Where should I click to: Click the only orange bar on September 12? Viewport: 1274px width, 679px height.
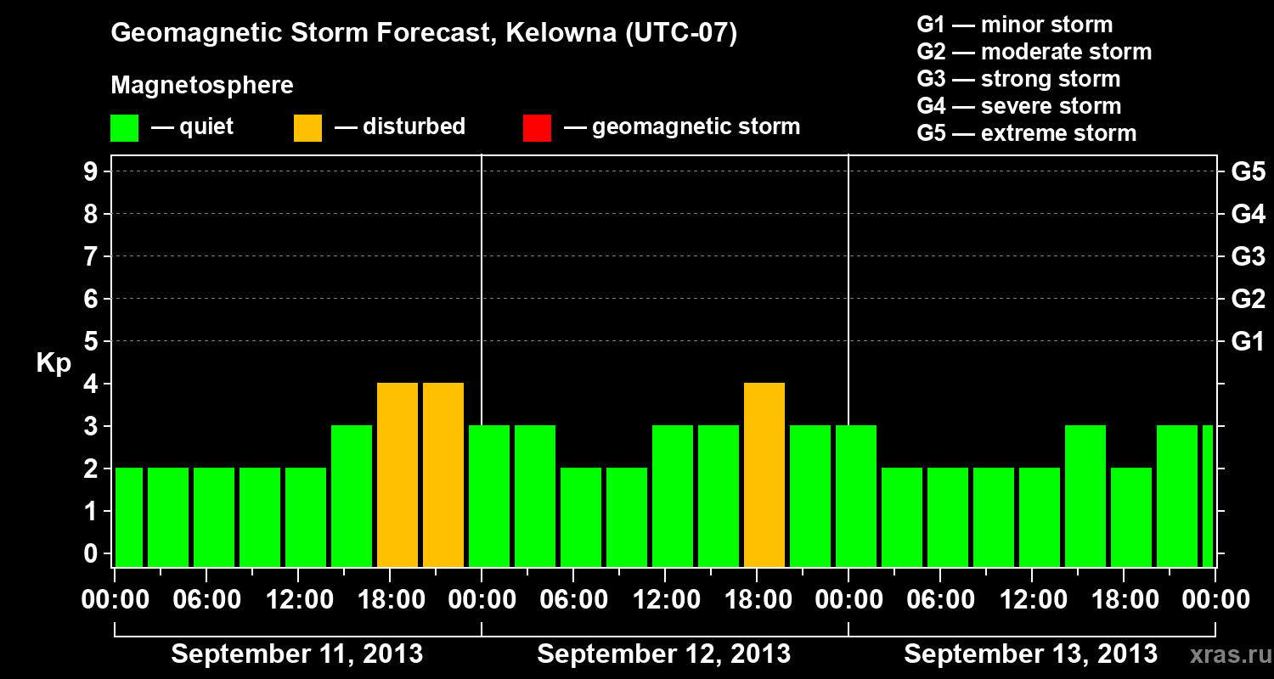(x=764, y=475)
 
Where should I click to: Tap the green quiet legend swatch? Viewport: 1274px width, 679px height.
(x=124, y=128)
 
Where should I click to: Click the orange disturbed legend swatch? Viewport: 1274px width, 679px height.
(x=307, y=128)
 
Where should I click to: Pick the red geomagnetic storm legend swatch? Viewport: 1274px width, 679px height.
(x=537, y=128)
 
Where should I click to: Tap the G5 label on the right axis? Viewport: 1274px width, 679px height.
(x=1248, y=172)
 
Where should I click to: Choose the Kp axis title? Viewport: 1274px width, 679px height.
(x=54, y=363)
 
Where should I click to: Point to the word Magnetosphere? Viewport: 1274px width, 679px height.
(x=202, y=86)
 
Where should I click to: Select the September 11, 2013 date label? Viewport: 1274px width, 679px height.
(x=297, y=654)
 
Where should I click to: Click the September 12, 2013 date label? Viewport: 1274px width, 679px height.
(x=664, y=654)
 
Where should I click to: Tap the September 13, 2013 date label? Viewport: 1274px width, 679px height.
(x=1030, y=654)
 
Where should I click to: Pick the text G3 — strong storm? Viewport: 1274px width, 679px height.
(x=1018, y=79)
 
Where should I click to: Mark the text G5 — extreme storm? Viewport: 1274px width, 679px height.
(x=1026, y=133)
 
